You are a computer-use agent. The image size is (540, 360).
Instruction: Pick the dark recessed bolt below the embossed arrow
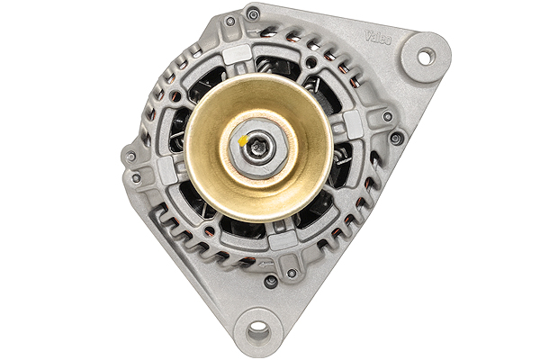pos(271,282)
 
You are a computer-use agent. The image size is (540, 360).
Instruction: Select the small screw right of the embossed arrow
pos(291,273)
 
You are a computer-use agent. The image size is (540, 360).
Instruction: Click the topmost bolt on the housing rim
pos(253,14)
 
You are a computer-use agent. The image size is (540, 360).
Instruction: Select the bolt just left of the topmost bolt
pos(230,21)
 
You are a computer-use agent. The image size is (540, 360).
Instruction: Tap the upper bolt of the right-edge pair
pos(388,116)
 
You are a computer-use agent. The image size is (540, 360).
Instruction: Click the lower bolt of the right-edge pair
pos(396,138)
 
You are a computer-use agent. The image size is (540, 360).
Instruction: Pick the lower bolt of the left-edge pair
pos(136,178)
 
